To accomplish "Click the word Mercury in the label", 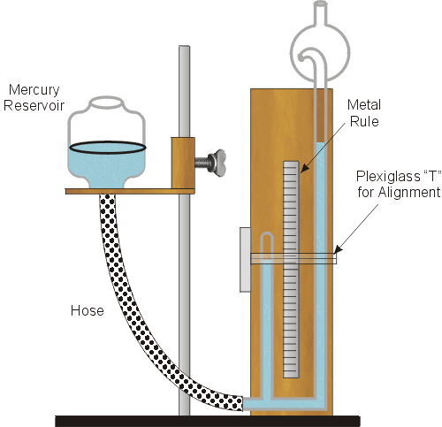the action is pyautogui.click(x=34, y=90).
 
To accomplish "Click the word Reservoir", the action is pyautogui.click(x=34, y=106).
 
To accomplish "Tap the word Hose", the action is pyautogui.click(x=88, y=310).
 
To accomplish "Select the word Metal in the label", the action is pyautogui.click(x=364, y=105).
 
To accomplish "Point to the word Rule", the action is pyautogui.click(x=364, y=121).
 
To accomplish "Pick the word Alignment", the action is pyautogui.click(x=409, y=193).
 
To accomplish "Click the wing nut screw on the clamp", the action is pyautogui.click(x=210, y=163).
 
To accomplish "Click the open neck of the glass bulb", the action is pyautogui.click(x=320, y=4).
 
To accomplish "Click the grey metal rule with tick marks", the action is pyautogui.click(x=291, y=269).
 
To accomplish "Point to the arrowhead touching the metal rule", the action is pyautogui.click(x=305, y=168).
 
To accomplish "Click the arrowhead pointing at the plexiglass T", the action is pyautogui.click(x=339, y=249).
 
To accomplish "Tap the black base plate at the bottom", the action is pyautogui.click(x=208, y=421).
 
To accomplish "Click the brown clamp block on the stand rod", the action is pyautogui.click(x=183, y=163).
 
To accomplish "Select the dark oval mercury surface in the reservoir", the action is pyautogui.click(x=107, y=148).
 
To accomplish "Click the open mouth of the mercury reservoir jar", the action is pyautogui.click(x=106, y=102).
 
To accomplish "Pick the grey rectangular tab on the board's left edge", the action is pyautogui.click(x=245, y=259).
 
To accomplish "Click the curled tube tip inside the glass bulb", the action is pyautogui.click(x=301, y=57).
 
